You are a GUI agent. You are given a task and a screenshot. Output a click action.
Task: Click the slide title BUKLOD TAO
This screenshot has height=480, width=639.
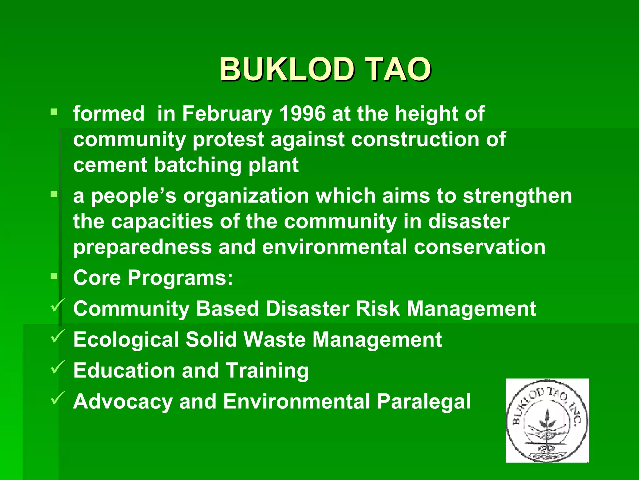point(325,69)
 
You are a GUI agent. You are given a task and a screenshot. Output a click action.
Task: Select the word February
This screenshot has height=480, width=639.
point(227,114)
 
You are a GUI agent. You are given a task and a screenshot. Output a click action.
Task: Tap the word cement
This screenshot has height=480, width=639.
point(110,165)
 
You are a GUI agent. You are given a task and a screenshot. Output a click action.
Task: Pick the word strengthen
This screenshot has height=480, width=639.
point(517,196)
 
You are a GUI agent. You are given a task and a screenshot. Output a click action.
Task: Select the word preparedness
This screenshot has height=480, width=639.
point(143,247)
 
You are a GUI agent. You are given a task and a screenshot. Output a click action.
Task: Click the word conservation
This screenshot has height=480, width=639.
point(480,247)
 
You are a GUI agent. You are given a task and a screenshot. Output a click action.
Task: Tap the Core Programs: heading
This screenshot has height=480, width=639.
point(153,277)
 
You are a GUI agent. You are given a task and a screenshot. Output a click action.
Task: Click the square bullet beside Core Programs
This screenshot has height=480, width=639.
point(54,276)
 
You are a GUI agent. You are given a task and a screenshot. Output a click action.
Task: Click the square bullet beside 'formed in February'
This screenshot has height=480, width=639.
point(54,112)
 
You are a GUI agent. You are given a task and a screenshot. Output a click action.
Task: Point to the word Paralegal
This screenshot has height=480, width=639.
point(424,402)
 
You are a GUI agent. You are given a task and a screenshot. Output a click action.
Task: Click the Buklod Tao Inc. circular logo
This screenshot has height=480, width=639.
point(547,421)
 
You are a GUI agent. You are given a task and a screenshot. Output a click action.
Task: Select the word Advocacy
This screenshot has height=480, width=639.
point(123,402)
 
